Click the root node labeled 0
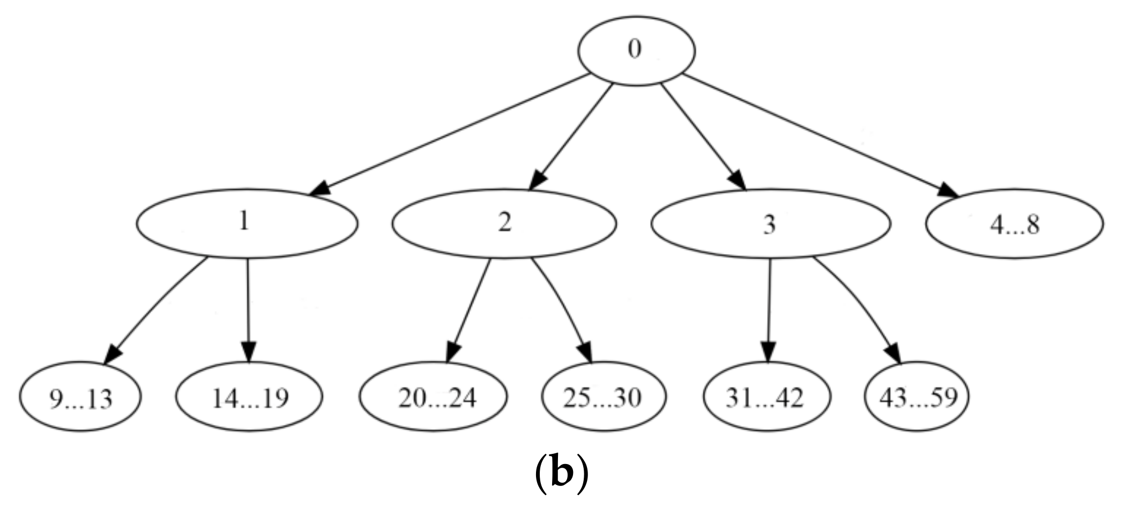[x=636, y=50]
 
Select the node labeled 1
[x=247, y=223]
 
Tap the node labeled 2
[x=504, y=223]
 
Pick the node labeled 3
[x=770, y=223]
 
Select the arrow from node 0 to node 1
[x=450, y=136]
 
